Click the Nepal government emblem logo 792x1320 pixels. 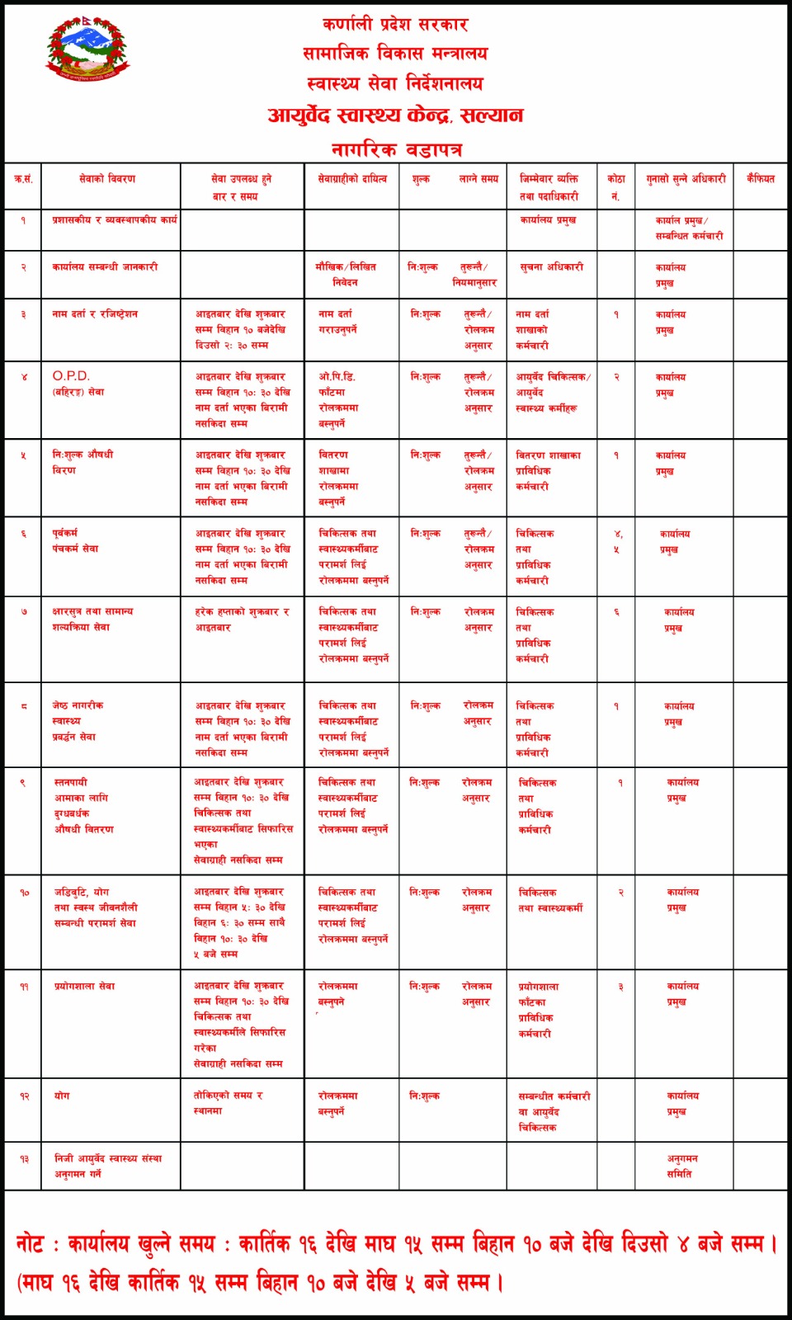click(x=87, y=48)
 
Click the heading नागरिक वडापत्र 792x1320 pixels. click(x=396, y=149)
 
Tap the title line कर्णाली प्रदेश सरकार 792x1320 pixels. click(x=395, y=25)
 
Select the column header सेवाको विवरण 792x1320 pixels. click(x=107, y=179)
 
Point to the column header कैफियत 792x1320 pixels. click(x=760, y=179)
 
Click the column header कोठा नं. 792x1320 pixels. click(x=615, y=187)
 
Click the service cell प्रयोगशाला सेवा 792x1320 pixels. click(x=84, y=987)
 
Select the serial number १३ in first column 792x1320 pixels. click(x=24, y=1159)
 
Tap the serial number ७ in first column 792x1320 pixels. click(x=24, y=612)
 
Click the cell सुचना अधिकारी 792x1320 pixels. click(x=551, y=267)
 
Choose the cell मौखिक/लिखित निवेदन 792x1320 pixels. click(x=346, y=274)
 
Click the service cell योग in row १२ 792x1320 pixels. click(x=62, y=1096)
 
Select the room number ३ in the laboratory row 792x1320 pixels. click(x=620, y=987)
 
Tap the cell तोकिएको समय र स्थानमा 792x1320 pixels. click(x=228, y=1103)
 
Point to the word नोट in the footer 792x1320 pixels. click(x=30, y=1243)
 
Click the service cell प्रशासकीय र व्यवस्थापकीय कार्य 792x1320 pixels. click(x=114, y=220)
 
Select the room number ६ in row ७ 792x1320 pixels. click(x=615, y=612)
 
